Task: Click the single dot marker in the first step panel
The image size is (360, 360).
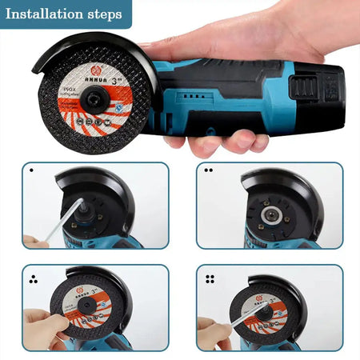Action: [x=31, y=170]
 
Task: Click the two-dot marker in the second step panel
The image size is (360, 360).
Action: [x=208, y=170]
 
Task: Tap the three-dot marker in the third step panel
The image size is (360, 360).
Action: [x=32, y=279]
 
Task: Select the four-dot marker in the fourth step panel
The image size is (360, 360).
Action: [x=210, y=279]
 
